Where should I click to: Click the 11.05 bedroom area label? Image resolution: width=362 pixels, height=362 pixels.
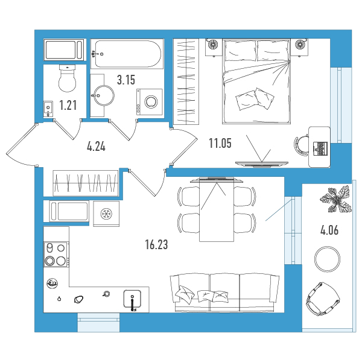pos(220,143)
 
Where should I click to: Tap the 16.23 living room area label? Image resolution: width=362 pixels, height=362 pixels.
pos(156,244)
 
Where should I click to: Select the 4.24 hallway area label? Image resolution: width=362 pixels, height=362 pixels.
pos(97,147)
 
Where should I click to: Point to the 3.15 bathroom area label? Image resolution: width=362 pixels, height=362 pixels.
pos(126,80)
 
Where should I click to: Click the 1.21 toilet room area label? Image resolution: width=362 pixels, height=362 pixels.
pos(68,105)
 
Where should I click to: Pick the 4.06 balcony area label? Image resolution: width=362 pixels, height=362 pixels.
pos(329,230)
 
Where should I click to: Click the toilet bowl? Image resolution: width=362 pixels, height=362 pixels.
pos(67,78)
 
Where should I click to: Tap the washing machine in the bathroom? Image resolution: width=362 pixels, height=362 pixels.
pos(150,102)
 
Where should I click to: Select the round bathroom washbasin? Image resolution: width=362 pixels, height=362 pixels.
pos(103,95)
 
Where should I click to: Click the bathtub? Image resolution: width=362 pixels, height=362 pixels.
pos(127,54)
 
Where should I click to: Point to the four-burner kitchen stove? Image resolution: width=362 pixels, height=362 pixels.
pos(56,255)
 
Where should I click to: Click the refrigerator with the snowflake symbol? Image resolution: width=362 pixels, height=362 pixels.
pos(106,214)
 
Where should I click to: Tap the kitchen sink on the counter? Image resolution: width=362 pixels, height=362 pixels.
pos(132,299)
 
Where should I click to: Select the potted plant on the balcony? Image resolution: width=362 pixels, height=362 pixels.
pos(335,200)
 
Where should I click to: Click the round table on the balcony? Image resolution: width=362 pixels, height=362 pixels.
pos(327,259)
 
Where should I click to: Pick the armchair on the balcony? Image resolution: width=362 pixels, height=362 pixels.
pos(323,299)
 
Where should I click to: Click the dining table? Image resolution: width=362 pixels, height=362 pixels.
pos(217,210)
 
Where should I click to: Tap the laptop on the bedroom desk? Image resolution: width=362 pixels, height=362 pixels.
pos(320,148)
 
